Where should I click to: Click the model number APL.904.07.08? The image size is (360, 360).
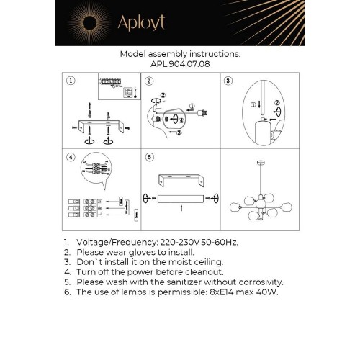pos(179,63)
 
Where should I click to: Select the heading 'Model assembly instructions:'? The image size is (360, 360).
pos(179,54)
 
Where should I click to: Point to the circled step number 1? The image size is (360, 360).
pos(70,81)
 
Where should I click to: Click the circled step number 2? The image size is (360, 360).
pos(149,81)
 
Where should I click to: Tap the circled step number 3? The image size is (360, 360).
pos(228,81)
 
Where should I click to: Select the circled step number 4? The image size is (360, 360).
pos(70,158)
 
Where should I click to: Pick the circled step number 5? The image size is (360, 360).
pos(149,158)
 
